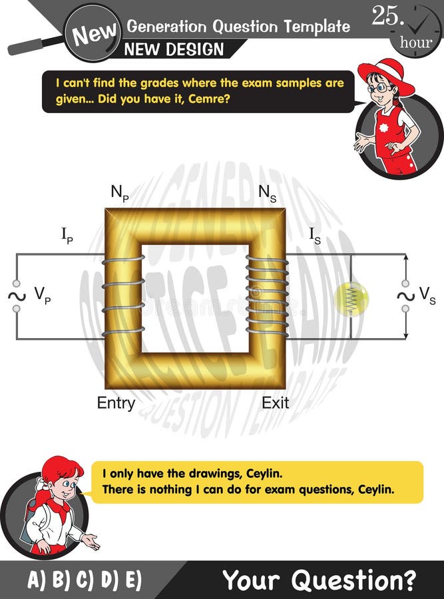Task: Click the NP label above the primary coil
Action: [x=120, y=193]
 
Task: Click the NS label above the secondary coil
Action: [x=268, y=193]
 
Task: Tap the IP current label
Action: [x=67, y=236]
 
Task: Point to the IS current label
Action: [x=315, y=235]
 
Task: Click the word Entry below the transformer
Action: [x=116, y=403]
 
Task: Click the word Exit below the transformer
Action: [x=275, y=403]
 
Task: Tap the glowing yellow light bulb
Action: [x=351, y=298]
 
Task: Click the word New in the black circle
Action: [x=95, y=32]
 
